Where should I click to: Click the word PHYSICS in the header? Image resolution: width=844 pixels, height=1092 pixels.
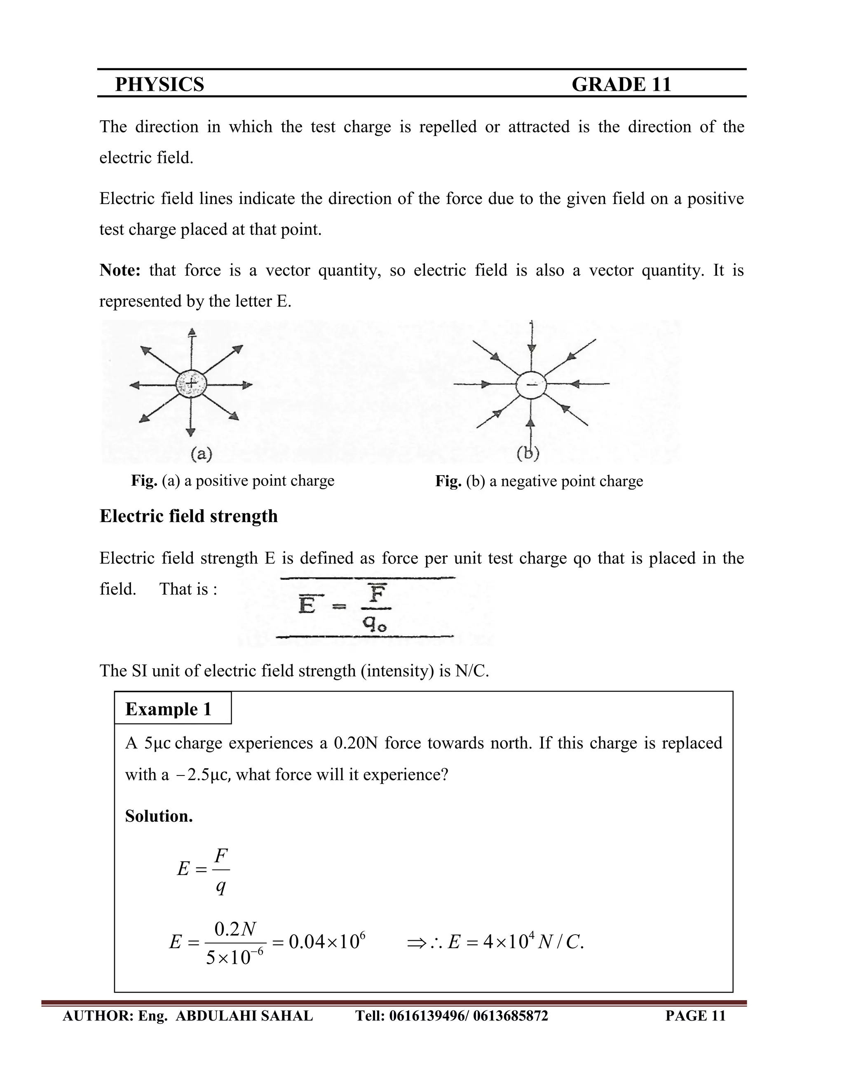[159, 84]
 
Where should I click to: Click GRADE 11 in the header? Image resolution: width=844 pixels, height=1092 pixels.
[621, 84]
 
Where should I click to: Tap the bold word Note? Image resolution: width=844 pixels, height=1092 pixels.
[120, 270]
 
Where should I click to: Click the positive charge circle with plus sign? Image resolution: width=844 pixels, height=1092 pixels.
[190, 384]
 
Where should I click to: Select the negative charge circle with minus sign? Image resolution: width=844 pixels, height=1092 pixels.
[531, 384]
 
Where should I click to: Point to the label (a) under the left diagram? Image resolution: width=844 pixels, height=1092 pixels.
[202, 454]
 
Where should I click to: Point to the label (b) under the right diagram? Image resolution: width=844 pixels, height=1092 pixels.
[527, 453]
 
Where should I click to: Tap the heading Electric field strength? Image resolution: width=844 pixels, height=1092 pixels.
[188, 516]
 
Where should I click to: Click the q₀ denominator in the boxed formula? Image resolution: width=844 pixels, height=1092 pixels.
[375, 623]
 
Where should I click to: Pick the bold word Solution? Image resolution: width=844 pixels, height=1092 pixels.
[159, 816]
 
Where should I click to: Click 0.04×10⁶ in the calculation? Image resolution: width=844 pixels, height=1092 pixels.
[327, 942]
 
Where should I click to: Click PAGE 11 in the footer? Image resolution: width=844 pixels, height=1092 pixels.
[695, 1015]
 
